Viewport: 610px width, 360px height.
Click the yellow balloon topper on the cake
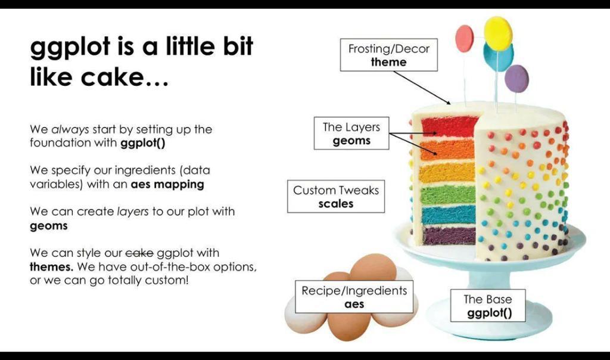[x=498, y=33]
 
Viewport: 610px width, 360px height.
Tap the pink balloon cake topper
[x=465, y=39]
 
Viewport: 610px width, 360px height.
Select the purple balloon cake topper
[x=516, y=79]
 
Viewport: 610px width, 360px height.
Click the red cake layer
[x=449, y=126]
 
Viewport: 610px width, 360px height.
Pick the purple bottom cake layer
[x=449, y=236]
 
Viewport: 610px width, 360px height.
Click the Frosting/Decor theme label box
[x=388, y=55]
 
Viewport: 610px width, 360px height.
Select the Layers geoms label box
[x=351, y=133]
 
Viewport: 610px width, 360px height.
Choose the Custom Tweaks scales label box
[x=336, y=196]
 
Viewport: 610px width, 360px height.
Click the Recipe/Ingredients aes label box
[x=354, y=297]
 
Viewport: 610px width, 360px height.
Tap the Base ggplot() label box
[x=488, y=306]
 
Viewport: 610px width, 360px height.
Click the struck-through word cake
[x=139, y=253]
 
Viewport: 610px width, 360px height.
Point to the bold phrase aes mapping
[x=167, y=185]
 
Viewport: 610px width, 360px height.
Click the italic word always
[x=70, y=129]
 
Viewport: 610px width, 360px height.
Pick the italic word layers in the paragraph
[x=133, y=212]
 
